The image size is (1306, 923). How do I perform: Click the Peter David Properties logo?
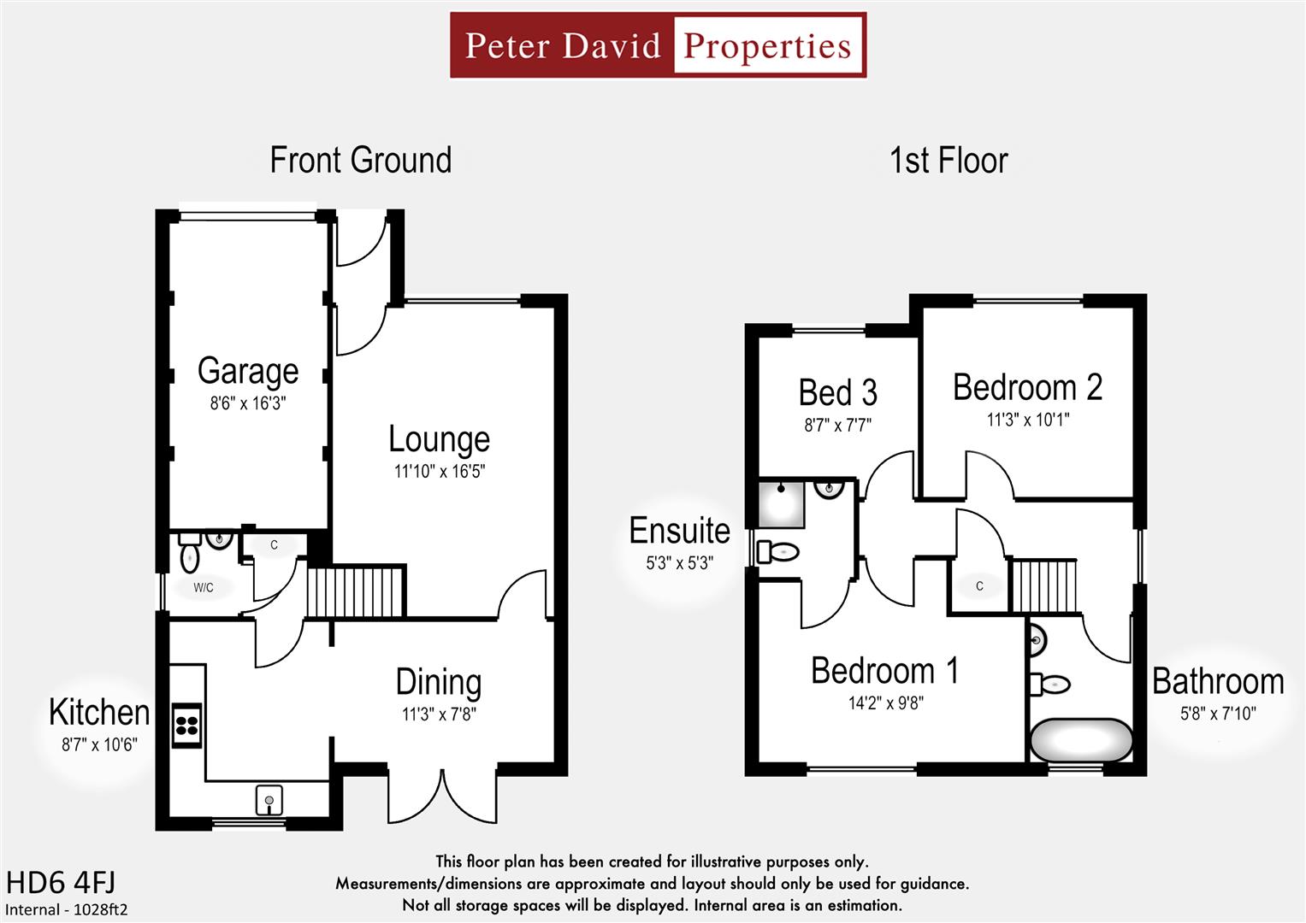(658, 45)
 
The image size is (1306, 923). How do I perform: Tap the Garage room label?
(248, 371)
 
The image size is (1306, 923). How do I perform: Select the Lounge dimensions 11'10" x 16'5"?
(439, 471)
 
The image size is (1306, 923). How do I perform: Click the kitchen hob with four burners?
(187, 726)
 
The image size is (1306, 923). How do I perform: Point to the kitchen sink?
(269, 801)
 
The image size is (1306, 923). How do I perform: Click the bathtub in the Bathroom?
(1081, 740)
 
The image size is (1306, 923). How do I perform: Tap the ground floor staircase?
(355, 591)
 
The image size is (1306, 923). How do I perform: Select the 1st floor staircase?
(1044, 585)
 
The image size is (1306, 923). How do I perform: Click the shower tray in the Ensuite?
(782, 503)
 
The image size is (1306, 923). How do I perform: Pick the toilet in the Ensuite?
(778, 552)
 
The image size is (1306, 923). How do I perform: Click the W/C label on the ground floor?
(204, 587)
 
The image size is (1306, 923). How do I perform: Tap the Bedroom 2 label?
(1027, 387)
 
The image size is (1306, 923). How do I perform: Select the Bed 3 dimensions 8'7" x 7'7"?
(837, 425)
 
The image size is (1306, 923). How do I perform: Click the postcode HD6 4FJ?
(61, 882)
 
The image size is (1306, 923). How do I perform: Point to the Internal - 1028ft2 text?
(67, 909)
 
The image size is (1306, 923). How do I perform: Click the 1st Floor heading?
(948, 161)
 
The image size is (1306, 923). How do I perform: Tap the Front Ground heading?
(361, 161)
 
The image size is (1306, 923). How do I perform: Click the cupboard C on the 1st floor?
(979, 586)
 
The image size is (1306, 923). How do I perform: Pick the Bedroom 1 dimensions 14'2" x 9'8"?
(885, 703)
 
